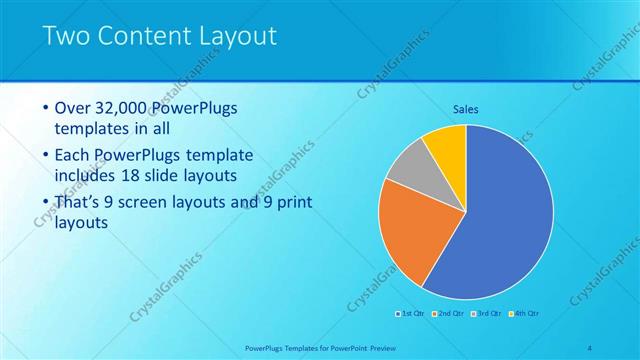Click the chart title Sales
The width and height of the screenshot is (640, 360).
click(x=466, y=108)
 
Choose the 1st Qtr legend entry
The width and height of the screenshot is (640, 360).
click(x=411, y=314)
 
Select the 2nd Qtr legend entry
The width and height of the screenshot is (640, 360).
click(x=450, y=314)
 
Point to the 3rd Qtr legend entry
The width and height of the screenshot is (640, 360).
click(x=488, y=314)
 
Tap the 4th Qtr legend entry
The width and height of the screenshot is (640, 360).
click(x=526, y=314)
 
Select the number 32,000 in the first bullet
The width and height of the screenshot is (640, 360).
click(x=125, y=108)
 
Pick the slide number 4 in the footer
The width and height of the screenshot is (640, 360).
click(x=589, y=347)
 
